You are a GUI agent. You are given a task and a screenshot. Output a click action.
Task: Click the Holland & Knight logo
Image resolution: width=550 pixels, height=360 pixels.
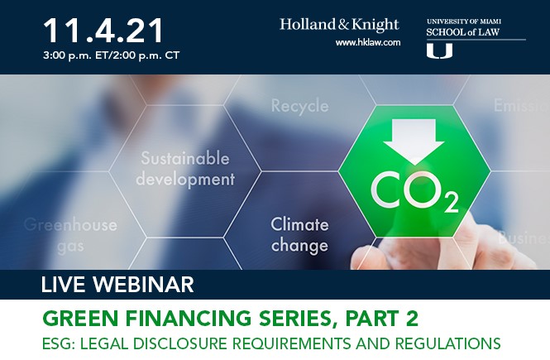(x=339, y=24)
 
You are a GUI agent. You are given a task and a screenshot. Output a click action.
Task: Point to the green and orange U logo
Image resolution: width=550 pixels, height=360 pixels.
(x=439, y=51)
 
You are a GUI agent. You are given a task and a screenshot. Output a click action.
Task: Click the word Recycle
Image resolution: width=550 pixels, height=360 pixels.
(x=299, y=106)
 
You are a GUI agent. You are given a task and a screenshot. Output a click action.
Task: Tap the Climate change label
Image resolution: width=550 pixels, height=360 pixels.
(x=299, y=233)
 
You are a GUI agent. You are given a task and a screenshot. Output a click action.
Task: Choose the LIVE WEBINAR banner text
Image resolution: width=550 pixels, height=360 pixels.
(x=117, y=286)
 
